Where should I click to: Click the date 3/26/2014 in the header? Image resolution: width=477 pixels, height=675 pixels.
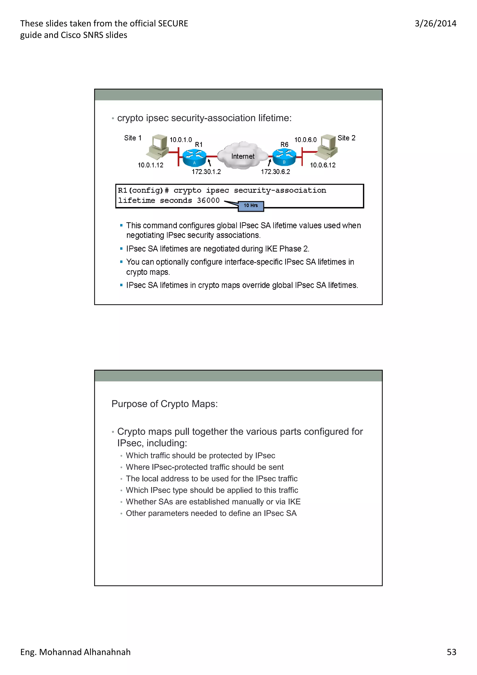435,24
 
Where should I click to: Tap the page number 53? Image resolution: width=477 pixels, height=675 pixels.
451,652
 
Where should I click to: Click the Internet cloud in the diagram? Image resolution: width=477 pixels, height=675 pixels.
242,156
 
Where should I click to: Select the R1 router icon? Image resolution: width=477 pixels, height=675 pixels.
194,158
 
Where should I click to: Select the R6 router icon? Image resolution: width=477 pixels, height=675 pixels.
284,157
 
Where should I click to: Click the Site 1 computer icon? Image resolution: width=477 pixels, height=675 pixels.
158,147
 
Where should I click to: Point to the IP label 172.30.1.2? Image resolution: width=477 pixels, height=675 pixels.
206,172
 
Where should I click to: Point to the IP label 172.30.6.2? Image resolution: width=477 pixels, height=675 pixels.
275,172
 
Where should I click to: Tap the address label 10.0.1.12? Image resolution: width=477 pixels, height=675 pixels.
150,165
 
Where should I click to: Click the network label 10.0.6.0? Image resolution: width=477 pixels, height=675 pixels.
305,140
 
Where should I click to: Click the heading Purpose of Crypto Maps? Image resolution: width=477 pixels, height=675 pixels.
164,404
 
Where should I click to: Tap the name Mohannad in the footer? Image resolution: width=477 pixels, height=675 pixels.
60,652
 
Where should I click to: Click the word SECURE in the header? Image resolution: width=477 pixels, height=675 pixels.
173,24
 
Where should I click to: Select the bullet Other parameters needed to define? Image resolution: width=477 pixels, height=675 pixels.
211,513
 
